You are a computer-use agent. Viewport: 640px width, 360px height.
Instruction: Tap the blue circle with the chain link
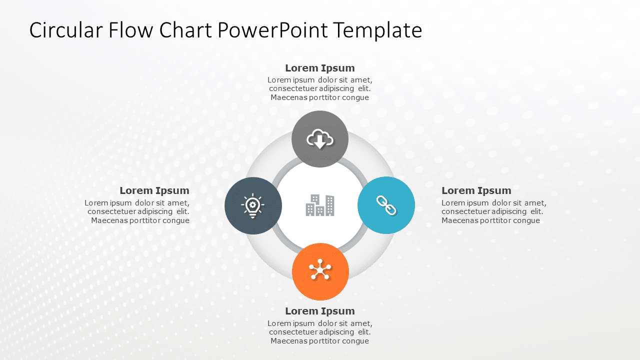pos(386,220)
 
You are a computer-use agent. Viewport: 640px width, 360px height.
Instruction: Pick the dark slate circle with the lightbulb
pos(253,220)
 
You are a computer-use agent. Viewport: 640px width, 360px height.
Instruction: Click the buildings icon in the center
pos(320,205)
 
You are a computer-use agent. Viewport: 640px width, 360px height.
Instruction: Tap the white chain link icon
pos(386,205)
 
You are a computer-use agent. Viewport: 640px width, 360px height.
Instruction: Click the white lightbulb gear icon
pos(253,205)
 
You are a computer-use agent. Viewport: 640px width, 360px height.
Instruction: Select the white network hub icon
pos(320,270)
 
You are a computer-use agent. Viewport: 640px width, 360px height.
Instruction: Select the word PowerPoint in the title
pos(272,30)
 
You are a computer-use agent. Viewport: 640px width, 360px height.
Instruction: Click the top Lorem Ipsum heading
pos(320,68)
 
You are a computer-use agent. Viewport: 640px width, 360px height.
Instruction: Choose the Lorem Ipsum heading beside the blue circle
pos(476,190)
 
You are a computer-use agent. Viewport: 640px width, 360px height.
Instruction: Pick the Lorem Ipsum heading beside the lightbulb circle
pos(154,190)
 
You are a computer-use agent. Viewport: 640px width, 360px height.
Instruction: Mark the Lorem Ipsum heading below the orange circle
pos(320,311)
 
